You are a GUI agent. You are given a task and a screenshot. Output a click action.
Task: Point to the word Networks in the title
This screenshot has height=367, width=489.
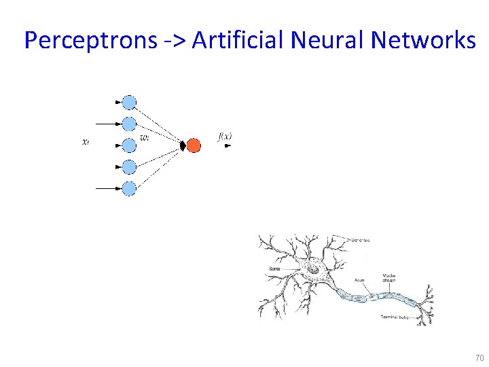tap(424, 41)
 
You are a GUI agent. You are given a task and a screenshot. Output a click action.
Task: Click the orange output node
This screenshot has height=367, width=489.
tap(194, 145)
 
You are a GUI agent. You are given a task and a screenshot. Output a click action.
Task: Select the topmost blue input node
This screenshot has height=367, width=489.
tap(129, 103)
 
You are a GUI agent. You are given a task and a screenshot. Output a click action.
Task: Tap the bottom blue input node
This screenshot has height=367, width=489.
tap(129, 188)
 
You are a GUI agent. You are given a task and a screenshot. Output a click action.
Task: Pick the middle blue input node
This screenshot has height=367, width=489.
tap(129, 145)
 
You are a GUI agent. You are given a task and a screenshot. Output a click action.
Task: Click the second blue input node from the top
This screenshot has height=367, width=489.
tap(129, 124)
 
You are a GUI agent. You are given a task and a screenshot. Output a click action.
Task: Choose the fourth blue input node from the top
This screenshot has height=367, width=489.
tap(129, 167)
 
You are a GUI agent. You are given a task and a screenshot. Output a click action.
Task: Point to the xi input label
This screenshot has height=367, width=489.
tap(85, 142)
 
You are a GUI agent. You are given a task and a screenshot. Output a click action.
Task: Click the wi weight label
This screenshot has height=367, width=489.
tap(145, 138)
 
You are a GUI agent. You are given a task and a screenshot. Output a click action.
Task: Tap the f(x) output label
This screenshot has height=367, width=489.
tap(225, 137)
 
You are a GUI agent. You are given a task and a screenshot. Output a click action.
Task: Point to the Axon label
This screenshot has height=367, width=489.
tap(360, 279)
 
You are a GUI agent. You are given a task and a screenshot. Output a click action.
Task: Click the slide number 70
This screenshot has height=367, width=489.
tap(479, 357)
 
